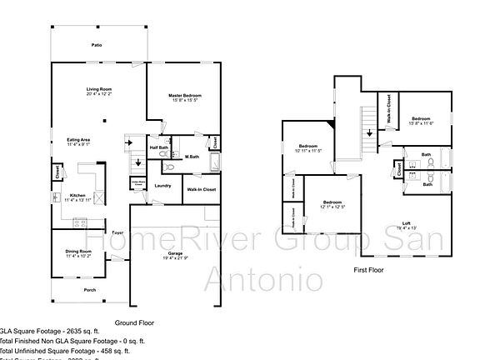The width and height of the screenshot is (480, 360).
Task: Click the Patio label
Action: (97, 46)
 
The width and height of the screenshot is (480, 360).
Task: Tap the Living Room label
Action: (98, 89)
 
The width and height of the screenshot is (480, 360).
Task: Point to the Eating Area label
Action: (79, 140)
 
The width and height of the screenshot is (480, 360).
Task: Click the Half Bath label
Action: (159, 148)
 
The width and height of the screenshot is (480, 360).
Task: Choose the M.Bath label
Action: (192, 157)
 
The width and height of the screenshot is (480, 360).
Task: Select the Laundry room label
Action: (162, 185)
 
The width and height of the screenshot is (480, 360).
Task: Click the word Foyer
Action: (119, 232)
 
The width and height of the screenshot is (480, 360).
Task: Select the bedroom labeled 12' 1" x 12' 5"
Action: (332, 202)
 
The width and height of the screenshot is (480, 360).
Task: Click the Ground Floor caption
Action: (134, 322)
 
